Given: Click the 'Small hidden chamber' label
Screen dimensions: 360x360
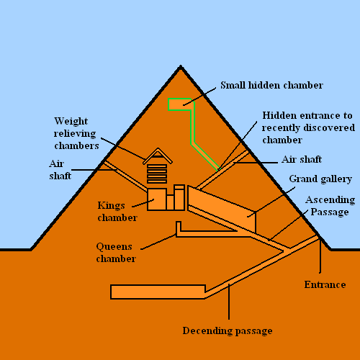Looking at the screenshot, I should tap(271, 85).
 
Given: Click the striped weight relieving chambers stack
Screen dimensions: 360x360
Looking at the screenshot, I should tap(158, 174).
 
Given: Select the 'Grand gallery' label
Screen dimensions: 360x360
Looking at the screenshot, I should tap(320, 178).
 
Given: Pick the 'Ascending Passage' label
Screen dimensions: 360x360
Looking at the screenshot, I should tap(329, 205).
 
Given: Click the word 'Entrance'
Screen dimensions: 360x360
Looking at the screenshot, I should tap(325, 284).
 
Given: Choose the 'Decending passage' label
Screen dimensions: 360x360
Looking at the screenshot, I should tap(228, 330).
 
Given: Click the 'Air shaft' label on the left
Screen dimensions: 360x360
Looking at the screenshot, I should tap(60, 169).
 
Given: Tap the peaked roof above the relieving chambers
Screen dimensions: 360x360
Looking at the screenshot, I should tap(158, 155).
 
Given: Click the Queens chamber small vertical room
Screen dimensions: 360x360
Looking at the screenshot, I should tap(177, 229).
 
